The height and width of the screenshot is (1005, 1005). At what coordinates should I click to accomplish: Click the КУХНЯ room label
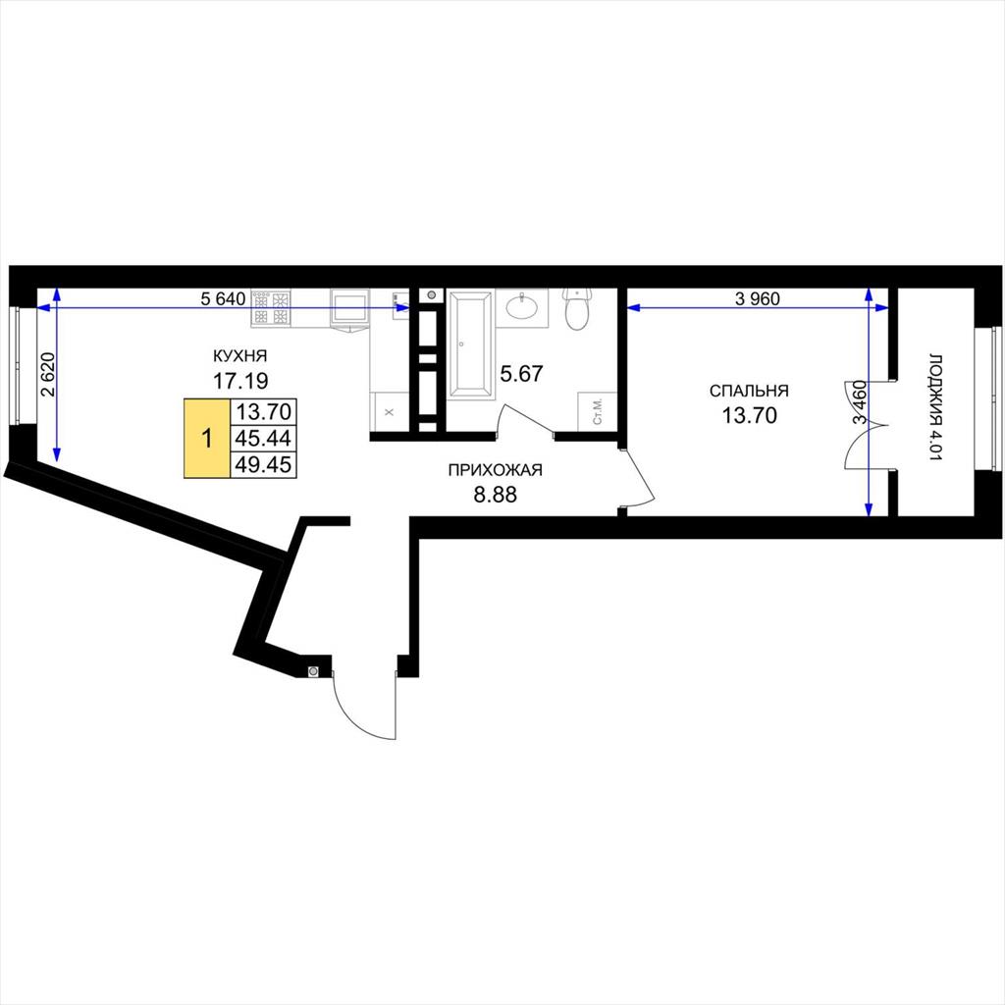point(239,355)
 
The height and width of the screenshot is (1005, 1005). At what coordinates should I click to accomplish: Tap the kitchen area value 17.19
point(240,381)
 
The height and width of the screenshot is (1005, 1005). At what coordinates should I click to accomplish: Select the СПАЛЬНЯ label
point(749,391)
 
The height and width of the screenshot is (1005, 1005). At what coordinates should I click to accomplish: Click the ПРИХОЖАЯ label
point(495,470)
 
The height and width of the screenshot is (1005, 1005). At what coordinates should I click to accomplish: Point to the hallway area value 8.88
point(495,495)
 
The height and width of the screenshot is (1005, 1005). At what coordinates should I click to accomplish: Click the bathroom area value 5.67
point(521,373)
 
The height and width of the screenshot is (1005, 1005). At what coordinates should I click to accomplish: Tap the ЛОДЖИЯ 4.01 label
point(936,407)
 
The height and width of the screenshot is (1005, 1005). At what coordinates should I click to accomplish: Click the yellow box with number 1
point(207,439)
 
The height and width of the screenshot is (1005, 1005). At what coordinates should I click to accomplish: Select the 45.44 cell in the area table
point(263,439)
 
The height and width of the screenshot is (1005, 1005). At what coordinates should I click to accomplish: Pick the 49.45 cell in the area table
point(263,464)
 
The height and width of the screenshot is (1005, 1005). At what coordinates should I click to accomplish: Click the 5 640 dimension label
point(223,299)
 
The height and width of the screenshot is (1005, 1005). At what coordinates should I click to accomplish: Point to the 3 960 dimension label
point(758,298)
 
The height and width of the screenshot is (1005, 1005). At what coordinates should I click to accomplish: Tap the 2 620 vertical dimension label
point(49,374)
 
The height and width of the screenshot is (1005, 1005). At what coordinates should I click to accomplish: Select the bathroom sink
point(522,307)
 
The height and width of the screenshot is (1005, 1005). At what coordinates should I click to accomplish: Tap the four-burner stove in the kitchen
point(271,307)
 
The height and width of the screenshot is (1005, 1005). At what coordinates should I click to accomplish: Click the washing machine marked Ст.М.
point(597,411)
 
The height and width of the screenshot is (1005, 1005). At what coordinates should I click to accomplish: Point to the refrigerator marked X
point(389,412)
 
